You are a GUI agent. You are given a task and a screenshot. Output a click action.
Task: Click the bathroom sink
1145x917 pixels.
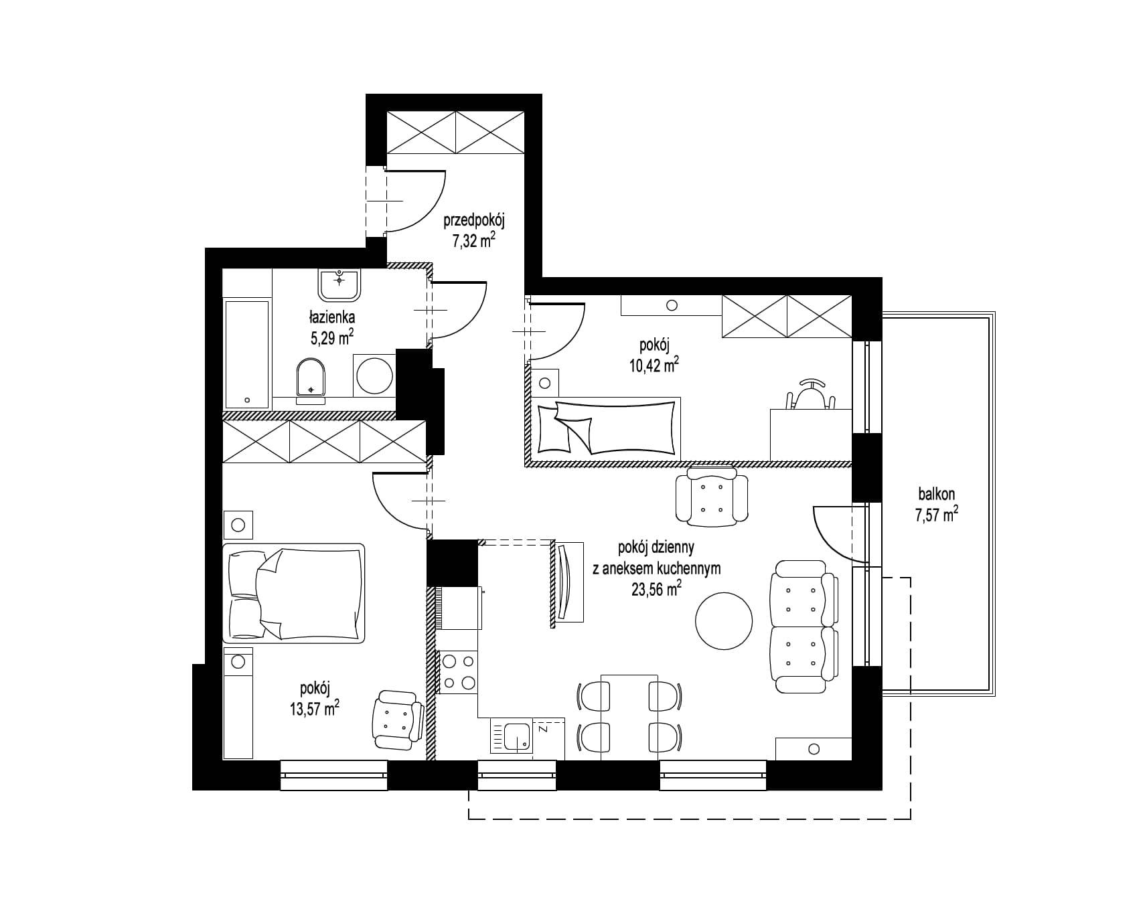click(340, 284)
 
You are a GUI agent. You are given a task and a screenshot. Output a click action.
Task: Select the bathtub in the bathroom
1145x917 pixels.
click(246, 354)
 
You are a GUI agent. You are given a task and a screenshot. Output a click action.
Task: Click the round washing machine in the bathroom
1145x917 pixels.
click(374, 375)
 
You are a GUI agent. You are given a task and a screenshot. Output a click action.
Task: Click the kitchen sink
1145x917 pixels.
click(512, 736)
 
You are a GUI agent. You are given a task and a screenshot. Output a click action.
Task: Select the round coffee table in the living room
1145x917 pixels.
click(723, 620)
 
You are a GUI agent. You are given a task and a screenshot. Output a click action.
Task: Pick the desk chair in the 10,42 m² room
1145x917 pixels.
click(810, 395)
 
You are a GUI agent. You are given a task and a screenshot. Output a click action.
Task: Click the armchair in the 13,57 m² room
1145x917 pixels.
click(398, 719)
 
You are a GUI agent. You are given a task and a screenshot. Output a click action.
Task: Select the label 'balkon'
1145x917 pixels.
click(936, 495)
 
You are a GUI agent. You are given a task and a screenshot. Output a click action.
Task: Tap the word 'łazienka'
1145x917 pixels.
click(331, 317)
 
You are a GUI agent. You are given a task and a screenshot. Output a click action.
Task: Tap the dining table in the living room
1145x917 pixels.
click(629, 716)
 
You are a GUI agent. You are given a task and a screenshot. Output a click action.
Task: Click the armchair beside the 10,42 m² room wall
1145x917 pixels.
click(711, 495)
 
